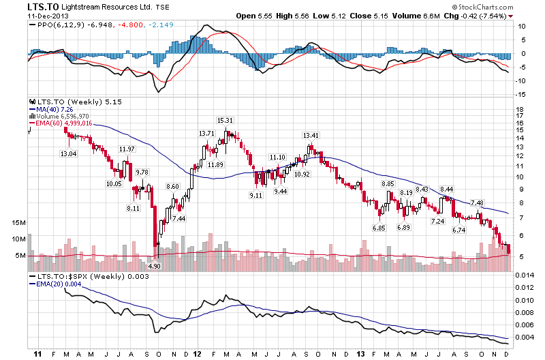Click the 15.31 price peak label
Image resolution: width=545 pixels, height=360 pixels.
(225, 121)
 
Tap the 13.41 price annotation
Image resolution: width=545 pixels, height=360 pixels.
(311, 135)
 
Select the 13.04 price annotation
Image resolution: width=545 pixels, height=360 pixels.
(69, 155)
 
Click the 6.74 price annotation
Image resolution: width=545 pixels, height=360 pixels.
(459, 230)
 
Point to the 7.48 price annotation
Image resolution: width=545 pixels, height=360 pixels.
(477, 203)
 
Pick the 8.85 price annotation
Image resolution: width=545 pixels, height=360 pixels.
(388, 184)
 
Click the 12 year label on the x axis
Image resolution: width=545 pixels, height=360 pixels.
(196, 355)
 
